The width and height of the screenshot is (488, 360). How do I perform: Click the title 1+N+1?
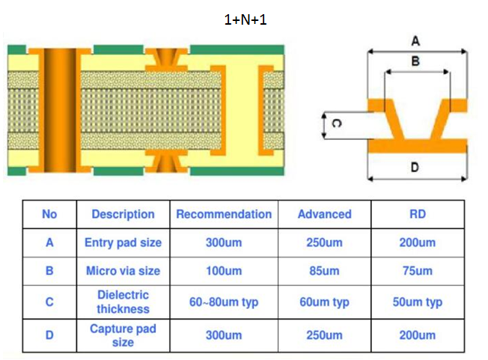point(245,20)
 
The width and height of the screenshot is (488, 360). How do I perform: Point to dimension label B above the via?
point(415,61)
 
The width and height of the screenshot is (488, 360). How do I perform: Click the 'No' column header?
point(49,214)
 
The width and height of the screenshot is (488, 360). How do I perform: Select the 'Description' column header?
point(123,214)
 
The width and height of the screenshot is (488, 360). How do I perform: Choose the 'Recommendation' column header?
point(224,214)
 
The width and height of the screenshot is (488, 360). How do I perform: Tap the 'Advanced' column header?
point(324,214)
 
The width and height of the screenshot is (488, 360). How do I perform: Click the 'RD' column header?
point(418,214)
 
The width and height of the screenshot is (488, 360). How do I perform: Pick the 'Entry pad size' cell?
point(123,242)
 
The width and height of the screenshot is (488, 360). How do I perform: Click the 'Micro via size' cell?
point(123,271)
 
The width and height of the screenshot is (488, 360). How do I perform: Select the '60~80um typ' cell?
point(224,302)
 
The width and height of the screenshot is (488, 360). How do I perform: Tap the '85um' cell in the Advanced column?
point(324,271)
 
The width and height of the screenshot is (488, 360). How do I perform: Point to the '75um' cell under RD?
point(418,271)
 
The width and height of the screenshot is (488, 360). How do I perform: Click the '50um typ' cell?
point(418,302)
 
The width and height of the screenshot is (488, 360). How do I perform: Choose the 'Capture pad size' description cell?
point(123,335)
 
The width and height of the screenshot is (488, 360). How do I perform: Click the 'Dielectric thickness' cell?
point(123,302)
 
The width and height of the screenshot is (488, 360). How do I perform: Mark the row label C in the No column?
point(49,302)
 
